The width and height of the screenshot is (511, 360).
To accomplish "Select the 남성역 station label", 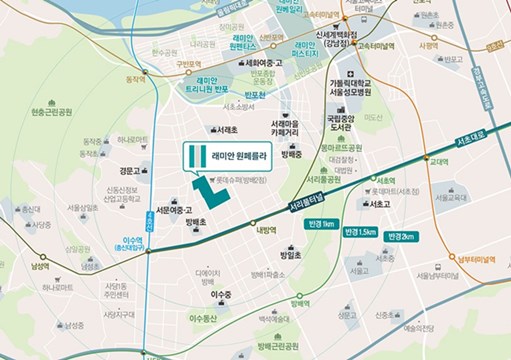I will point(40,266).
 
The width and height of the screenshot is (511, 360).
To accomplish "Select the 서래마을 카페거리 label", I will point(286,128).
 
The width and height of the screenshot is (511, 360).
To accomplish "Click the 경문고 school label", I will point(129,171).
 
